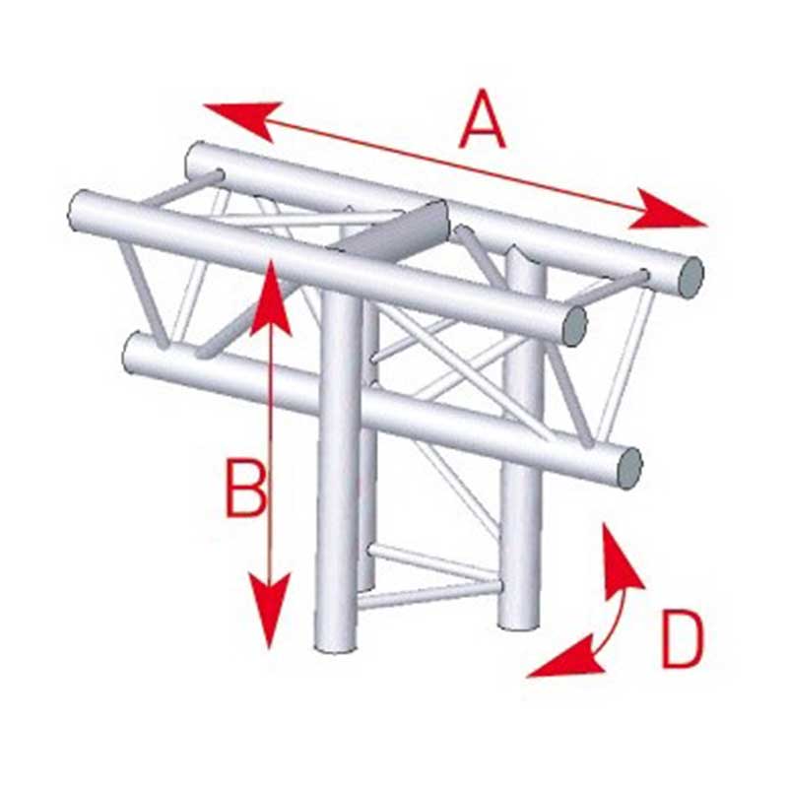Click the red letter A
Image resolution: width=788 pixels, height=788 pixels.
483,119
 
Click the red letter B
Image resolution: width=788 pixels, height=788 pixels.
245,489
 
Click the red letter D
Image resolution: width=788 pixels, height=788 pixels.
682,639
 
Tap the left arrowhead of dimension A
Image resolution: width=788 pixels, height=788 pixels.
241,118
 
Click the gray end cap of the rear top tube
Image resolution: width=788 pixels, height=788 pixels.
690,278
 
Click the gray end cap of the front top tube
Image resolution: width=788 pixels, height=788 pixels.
574,325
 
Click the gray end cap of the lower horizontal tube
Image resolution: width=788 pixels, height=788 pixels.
629,468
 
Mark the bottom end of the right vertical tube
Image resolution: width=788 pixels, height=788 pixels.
519,624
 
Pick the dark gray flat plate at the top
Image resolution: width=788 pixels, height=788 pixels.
397,228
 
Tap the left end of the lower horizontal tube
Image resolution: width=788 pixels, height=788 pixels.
129,354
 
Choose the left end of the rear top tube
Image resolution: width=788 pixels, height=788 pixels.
192,161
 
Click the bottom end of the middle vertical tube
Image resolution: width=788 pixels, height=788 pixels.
365,584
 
